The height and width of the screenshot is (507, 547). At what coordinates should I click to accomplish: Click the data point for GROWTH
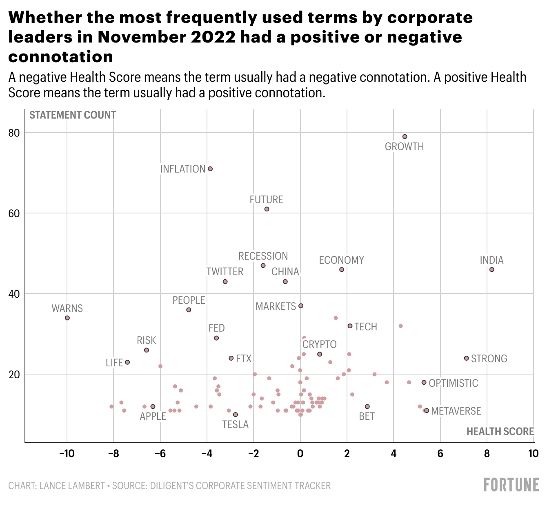[405, 137]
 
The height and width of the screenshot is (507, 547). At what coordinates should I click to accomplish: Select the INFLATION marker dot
[210, 169]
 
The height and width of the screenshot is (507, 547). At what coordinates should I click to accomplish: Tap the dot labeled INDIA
[491, 269]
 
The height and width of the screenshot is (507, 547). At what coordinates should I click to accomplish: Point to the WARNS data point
[67, 318]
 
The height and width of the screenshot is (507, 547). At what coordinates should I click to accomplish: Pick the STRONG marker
[467, 358]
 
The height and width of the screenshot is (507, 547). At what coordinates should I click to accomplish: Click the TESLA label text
[235, 425]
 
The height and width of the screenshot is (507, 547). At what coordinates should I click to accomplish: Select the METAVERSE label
[456, 411]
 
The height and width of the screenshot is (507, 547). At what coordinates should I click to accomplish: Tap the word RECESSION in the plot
[263, 256]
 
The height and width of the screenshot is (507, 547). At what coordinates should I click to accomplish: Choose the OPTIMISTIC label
[453, 383]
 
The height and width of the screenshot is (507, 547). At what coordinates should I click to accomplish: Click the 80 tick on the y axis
[15, 133]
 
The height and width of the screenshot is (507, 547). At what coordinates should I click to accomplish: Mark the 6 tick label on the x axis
[440, 453]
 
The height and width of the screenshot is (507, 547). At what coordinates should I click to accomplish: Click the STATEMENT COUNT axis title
[73, 115]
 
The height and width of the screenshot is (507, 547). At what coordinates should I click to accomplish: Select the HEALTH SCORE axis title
[500, 432]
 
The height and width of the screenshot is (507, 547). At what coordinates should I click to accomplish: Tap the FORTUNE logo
[511, 485]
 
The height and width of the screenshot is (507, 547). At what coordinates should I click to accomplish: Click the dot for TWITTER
[225, 282]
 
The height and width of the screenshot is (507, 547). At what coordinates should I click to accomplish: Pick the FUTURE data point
[267, 209]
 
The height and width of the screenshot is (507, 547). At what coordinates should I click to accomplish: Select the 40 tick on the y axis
[15, 294]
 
